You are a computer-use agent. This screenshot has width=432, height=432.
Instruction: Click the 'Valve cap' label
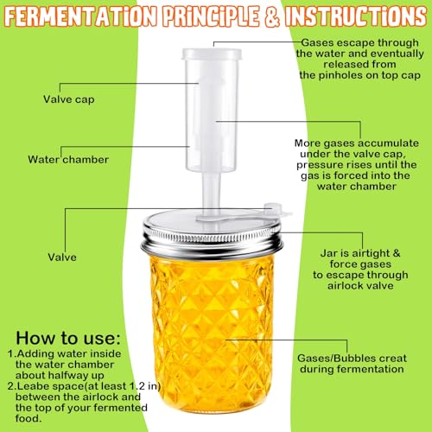(x=69, y=99)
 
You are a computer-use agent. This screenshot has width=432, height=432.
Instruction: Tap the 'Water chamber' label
(x=68, y=159)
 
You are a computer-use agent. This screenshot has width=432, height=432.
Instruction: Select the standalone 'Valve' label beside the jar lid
(x=62, y=257)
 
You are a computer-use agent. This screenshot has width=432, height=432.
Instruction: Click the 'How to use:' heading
(x=68, y=338)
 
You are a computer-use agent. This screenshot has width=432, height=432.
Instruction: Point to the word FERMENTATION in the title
(x=81, y=16)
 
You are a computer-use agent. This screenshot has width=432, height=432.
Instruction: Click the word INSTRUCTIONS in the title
(x=356, y=16)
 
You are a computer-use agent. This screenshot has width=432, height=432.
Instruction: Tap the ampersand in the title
(x=271, y=16)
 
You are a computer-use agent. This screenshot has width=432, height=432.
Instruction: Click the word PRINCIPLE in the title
(x=211, y=16)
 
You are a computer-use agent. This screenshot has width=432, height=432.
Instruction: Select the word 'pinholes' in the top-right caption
(x=340, y=75)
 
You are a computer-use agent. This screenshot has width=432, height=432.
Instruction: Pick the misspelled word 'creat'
(x=393, y=359)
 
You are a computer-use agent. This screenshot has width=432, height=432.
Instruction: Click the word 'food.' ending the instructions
(x=29, y=418)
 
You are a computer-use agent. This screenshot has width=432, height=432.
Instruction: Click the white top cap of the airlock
(x=212, y=54)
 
